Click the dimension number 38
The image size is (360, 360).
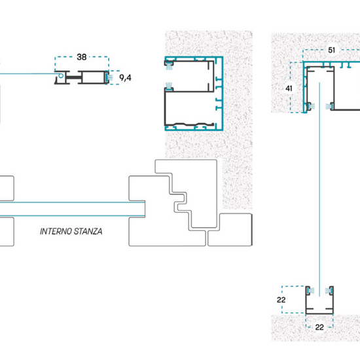[x=82, y=57]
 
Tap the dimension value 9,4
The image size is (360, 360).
[x=126, y=78]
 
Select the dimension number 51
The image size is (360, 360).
[x=331, y=50]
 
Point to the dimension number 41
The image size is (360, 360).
[x=289, y=88]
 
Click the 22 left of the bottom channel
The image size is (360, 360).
[x=281, y=300]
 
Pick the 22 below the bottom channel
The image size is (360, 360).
[x=319, y=327]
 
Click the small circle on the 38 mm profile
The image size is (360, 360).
[x=61, y=75]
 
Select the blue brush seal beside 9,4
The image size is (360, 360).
[x=109, y=77]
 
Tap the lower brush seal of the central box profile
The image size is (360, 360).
[x=170, y=86]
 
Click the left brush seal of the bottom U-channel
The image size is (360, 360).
[x=311, y=291]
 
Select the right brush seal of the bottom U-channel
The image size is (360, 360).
[x=329, y=291]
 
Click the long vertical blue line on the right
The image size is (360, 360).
[x=319, y=189]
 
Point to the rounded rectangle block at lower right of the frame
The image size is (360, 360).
[x=230, y=230]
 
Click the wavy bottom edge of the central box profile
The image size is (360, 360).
[x=189, y=125]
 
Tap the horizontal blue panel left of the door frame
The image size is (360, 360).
[x=72, y=209]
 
